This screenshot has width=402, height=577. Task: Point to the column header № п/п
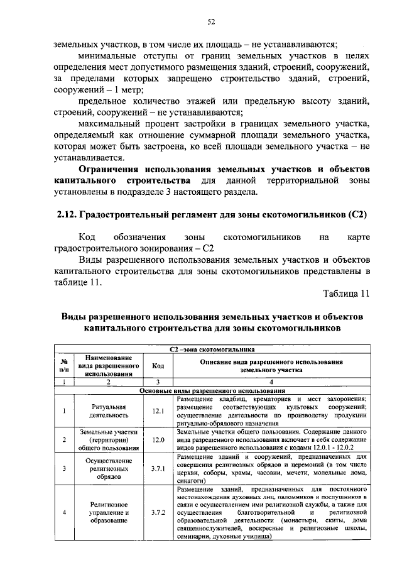63,366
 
